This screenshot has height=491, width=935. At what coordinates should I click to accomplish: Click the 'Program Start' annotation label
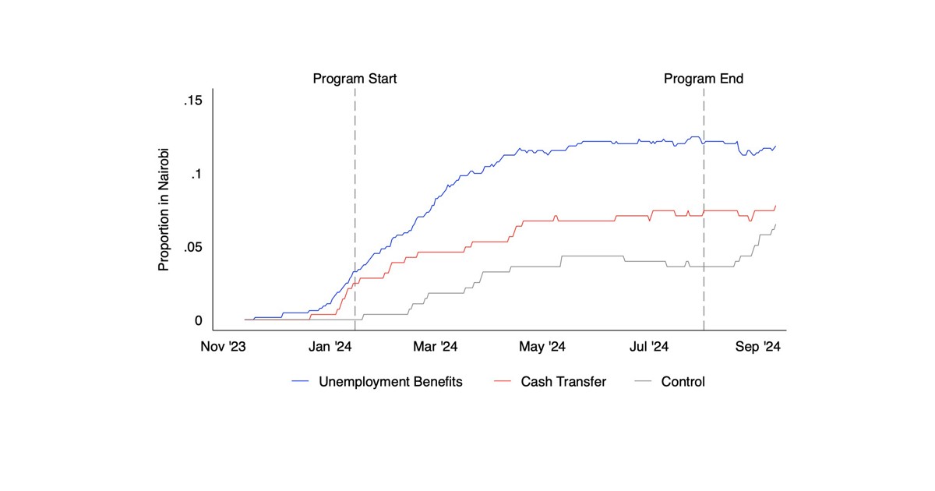[x=355, y=79]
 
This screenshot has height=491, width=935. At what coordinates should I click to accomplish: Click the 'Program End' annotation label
[x=704, y=79]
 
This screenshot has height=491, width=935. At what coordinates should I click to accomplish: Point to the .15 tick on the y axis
[x=192, y=101]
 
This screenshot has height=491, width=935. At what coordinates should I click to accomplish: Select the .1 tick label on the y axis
[x=196, y=175]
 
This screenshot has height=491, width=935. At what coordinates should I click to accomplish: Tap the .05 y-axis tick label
[x=192, y=248]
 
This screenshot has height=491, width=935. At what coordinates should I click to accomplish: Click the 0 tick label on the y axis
[x=198, y=320]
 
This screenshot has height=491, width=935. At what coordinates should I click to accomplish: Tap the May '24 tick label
[x=546, y=347]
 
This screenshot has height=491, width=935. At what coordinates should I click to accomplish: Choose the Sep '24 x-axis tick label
[x=759, y=347]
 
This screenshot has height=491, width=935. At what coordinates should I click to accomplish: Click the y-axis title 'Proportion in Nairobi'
[x=164, y=210]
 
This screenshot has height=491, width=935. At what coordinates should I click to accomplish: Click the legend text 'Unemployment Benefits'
[x=390, y=382]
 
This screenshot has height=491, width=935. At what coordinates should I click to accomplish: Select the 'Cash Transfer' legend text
[x=563, y=382]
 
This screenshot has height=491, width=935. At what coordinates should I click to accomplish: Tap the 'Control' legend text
[x=683, y=382]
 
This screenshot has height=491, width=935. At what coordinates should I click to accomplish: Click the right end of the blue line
[x=775, y=146]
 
